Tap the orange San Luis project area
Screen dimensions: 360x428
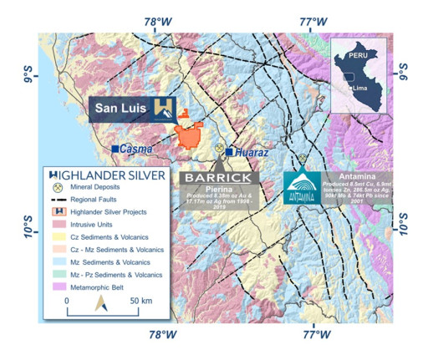click(192, 135)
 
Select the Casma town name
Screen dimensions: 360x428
click(136, 149)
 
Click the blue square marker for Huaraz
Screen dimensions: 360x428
click(228, 152)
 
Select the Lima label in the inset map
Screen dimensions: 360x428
click(361, 87)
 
